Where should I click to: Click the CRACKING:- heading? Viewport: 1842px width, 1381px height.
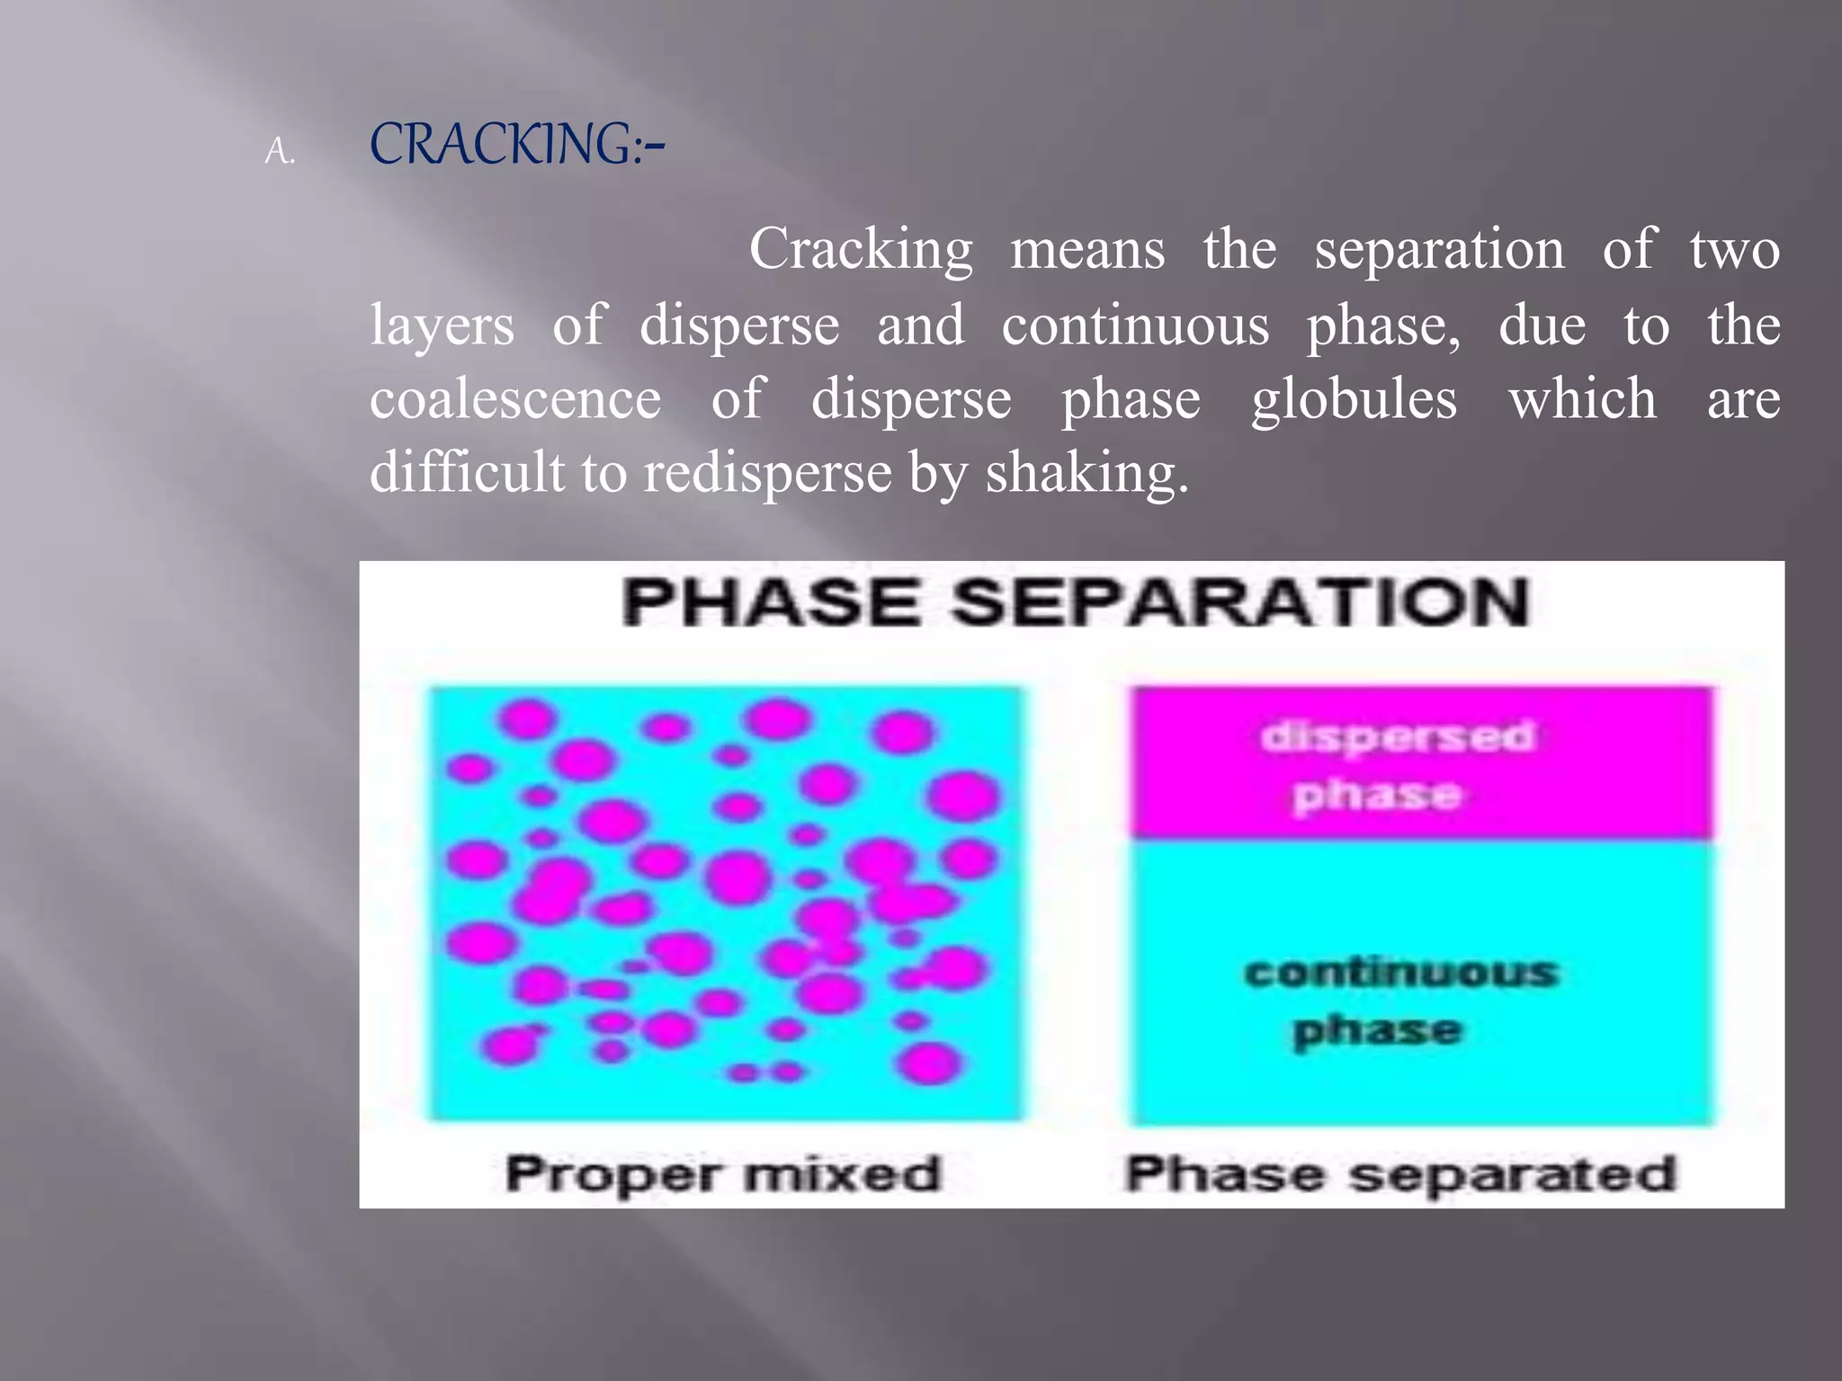[516, 146]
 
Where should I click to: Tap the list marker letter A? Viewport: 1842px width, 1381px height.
[279, 153]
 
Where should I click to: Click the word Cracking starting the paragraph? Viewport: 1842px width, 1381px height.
[861, 250]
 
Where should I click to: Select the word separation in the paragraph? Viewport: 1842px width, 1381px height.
[1439, 250]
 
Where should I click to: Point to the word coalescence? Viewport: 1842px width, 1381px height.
[515, 399]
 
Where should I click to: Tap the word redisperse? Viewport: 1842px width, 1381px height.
[766, 473]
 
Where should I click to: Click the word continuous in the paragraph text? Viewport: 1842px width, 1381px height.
[1135, 325]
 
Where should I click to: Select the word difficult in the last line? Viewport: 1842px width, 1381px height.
[466, 473]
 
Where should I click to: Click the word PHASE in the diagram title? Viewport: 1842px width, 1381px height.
[772, 602]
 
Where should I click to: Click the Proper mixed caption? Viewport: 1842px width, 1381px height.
[722, 1174]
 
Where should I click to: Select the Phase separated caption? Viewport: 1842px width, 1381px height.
[1400, 1174]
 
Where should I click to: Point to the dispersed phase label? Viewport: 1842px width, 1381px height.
[1396, 765]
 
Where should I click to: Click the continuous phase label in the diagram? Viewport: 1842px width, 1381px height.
[1399, 1001]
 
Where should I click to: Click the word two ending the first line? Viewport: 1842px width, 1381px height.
[1734, 250]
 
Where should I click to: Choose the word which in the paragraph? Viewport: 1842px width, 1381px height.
[1582, 399]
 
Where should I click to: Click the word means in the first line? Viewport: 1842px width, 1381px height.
[1087, 250]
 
